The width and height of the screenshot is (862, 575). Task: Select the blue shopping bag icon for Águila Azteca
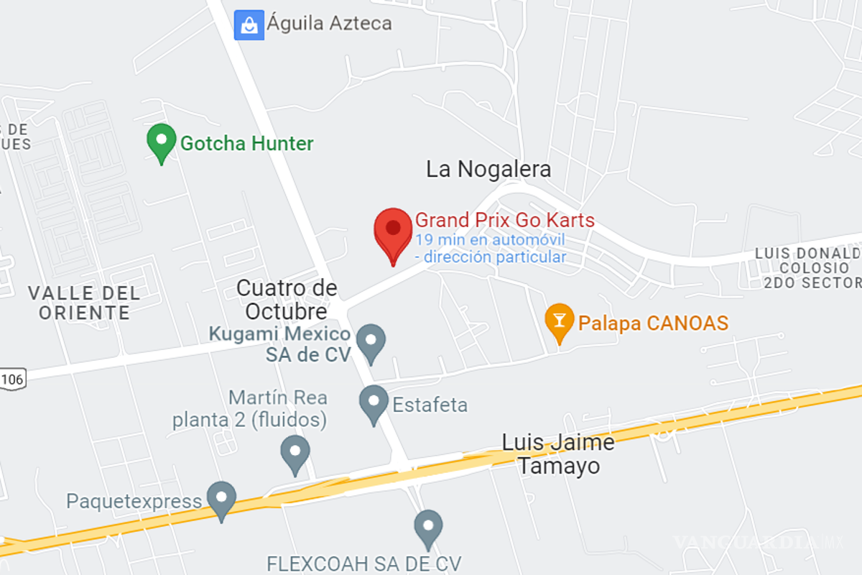click(x=249, y=25)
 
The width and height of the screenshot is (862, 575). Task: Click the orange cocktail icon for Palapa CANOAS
click(x=559, y=320)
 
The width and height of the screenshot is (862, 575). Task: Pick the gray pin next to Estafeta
click(x=374, y=402)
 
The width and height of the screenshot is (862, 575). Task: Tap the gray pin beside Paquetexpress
click(x=221, y=498)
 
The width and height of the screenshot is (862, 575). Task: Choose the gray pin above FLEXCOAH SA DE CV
click(x=428, y=527)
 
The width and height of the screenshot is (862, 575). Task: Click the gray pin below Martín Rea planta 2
click(x=295, y=453)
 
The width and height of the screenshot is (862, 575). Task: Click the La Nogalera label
click(x=488, y=170)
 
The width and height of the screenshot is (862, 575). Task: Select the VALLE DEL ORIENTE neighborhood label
click(x=84, y=303)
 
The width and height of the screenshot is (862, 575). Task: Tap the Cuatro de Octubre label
click(x=287, y=300)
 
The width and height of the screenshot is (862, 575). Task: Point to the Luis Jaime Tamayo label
click(x=558, y=454)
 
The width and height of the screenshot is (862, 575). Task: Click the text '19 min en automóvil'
click(x=490, y=239)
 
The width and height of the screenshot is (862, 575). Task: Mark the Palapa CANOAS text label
click(x=652, y=323)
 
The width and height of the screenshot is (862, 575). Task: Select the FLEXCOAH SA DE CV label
click(x=363, y=562)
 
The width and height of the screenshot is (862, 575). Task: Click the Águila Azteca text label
click(x=330, y=23)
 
